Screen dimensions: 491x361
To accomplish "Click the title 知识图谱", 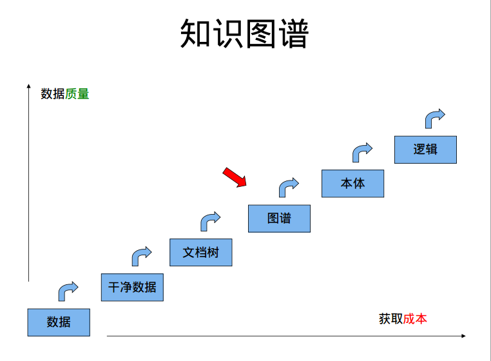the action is [245, 34].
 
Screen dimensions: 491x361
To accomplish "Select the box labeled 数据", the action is [59, 322].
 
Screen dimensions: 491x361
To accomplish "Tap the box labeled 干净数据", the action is [132, 287].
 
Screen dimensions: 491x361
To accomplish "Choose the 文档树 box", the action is [200, 252].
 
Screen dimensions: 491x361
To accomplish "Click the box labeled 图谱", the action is [279, 218].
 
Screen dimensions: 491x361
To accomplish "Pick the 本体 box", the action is [352, 183].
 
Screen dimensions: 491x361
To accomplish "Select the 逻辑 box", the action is [425, 149].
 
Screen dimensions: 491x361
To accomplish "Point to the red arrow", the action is [235, 177].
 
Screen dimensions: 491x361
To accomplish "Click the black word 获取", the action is [390, 318].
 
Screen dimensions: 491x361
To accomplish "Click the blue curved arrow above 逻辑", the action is [434, 118].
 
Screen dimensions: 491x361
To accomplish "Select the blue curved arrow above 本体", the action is [361, 152].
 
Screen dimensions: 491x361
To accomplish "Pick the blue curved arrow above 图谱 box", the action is [288, 187].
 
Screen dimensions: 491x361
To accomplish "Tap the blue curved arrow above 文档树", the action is [209, 221].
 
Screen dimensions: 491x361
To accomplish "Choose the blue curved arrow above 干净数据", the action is [141, 256].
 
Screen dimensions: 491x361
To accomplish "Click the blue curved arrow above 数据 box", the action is [68, 291].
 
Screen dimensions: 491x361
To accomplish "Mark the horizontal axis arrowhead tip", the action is [465, 336].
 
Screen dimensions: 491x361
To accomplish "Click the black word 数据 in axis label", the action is [53, 94].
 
